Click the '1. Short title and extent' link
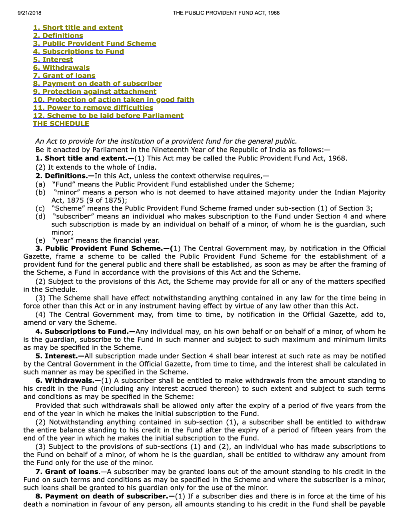click(x=78, y=28)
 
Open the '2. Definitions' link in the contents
click(x=58, y=36)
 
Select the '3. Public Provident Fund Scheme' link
click(x=94, y=44)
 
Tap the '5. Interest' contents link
click(x=53, y=60)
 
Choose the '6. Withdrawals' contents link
click(x=61, y=68)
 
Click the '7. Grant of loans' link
click(x=64, y=76)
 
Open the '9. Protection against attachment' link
click(x=94, y=92)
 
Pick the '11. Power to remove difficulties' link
click(x=93, y=108)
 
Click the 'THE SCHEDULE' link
click(x=61, y=124)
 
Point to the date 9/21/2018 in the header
click(x=30, y=13)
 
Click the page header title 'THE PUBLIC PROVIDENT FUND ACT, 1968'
click(x=226, y=13)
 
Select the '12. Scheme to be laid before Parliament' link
click(x=108, y=116)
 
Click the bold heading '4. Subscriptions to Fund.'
click(x=85, y=332)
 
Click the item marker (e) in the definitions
click(x=40, y=240)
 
